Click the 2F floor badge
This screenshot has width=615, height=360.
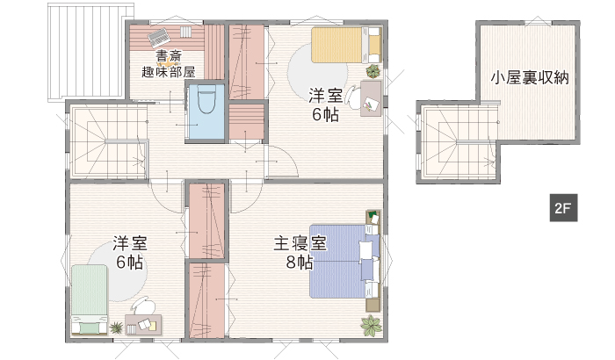coord(563,208)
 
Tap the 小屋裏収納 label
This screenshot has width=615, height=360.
coord(530,77)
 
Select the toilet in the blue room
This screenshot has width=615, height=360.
coord(206,100)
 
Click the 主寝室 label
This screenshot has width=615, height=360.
coord(300,243)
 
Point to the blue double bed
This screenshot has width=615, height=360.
coord(345,261)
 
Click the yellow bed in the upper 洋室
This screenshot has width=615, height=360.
coord(346,45)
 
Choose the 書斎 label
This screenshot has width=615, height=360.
coord(169,55)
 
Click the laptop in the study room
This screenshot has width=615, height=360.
coord(159,37)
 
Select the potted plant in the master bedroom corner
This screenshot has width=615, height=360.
coord(371,326)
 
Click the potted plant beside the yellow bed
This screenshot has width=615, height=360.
coord(373,71)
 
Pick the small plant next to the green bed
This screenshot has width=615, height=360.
coord(116,327)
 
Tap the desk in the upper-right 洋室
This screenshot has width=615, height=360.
coord(371,98)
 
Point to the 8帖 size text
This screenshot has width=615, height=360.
coord(300,263)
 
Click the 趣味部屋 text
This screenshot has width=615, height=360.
coord(169,72)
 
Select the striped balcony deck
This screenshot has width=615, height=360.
coord(90,53)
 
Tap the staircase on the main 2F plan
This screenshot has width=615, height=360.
coord(109,142)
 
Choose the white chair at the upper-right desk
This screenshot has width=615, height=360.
coord(353,97)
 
